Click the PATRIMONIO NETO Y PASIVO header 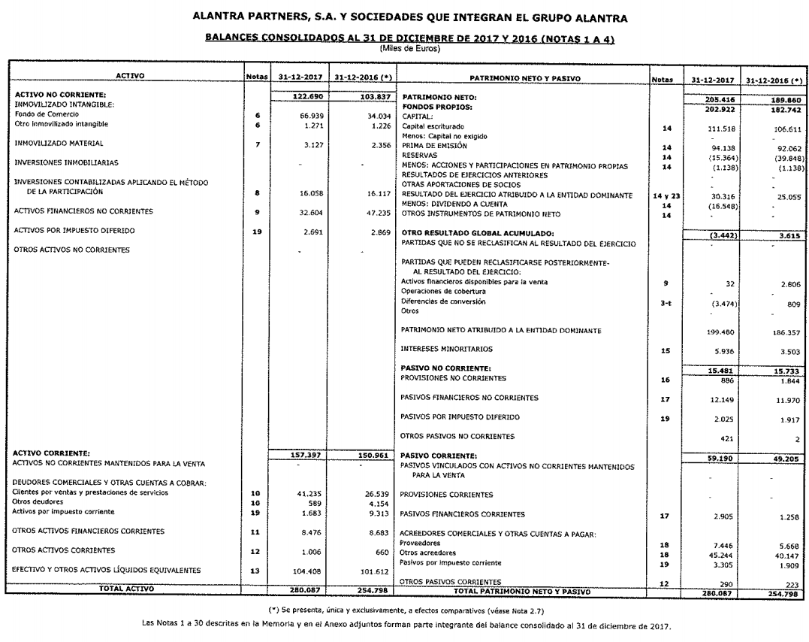(522, 77)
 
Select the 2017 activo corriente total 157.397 (306, 455)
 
